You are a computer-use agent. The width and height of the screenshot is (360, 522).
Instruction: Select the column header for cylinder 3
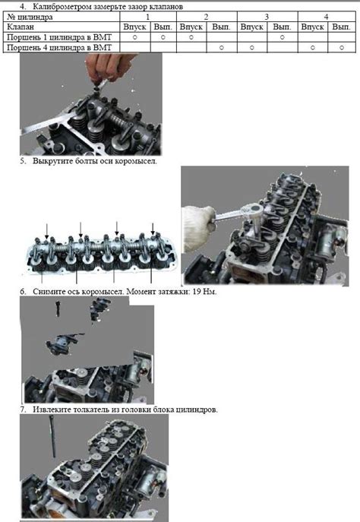[267, 17]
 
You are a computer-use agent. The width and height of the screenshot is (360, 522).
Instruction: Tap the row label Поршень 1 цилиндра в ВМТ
[59, 37]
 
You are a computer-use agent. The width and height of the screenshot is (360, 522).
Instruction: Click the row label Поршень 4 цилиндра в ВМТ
[59, 48]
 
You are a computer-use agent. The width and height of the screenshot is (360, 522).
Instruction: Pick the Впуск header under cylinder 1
[134, 27]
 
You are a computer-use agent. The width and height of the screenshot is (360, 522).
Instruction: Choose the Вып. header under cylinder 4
[341, 27]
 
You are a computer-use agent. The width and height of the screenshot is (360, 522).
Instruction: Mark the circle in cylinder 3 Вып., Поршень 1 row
[282, 37]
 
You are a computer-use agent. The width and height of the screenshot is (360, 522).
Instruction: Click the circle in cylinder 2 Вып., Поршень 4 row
[222, 48]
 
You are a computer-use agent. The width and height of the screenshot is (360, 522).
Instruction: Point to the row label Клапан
[21, 27]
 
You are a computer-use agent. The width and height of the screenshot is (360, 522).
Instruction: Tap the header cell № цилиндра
[30, 17]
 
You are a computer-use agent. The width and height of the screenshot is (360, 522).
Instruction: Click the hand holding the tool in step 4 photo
[110, 67]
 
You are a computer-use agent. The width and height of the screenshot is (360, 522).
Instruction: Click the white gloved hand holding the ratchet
[199, 223]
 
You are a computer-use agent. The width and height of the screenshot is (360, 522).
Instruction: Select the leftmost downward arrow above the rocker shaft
[46, 230]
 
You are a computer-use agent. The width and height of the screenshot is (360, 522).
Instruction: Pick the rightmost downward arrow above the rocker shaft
[153, 229]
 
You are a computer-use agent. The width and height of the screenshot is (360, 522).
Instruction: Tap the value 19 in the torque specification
[197, 292]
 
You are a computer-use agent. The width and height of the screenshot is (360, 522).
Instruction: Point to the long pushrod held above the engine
[52, 436]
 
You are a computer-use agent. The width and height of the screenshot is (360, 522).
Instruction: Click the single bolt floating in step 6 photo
[58, 308]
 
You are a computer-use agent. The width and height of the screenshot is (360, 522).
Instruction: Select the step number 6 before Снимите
[22, 292]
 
